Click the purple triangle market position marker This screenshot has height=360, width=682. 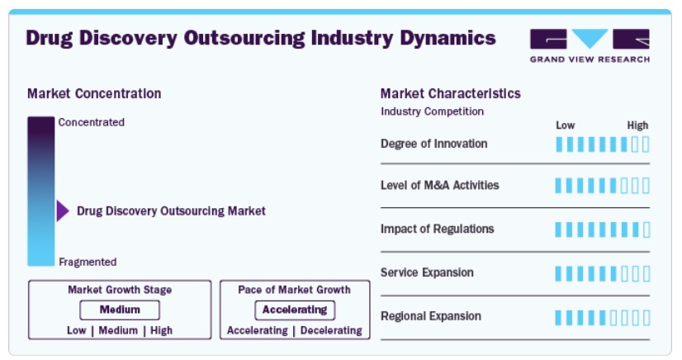click(63, 211)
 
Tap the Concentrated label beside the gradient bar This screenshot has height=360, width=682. click(92, 122)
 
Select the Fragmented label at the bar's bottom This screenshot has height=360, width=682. click(88, 262)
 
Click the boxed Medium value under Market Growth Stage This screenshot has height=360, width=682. click(120, 310)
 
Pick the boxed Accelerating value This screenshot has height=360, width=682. click(295, 310)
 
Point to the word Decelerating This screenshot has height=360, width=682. click(331, 330)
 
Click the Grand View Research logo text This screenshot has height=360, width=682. click(590, 59)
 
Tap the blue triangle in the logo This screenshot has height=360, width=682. click(590, 37)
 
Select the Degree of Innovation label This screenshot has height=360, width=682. click(433, 144)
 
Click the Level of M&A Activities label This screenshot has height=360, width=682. click(440, 185)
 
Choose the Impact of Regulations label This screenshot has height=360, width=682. click(437, 229)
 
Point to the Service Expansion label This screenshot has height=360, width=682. click(427, 272)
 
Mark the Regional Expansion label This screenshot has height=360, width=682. click(431, 316)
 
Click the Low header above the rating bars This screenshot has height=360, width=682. click(565, 126)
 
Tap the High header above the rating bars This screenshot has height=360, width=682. click(637, 126)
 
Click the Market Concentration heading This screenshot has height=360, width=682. click(94, 93)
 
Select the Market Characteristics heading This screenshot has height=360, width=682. click(450, 93)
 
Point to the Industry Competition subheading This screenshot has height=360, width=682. click(432, 111)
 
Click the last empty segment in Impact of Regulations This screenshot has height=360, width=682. click(646, 230)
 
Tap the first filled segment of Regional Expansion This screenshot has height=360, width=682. click(558, 318)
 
